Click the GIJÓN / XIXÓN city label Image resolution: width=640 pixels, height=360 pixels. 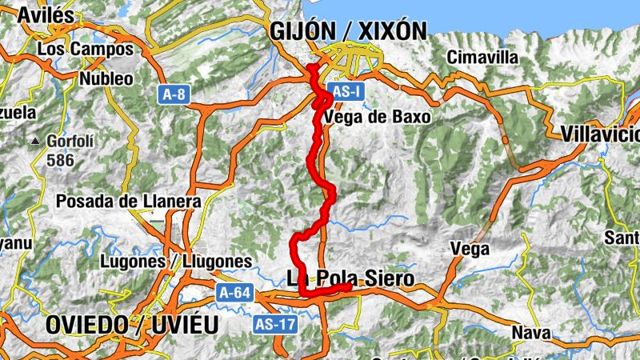click(348, 31)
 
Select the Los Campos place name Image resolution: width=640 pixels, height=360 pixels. click(86, 50)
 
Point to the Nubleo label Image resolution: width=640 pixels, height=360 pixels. click(106, 78)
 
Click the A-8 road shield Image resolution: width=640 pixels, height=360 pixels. click(173, 94)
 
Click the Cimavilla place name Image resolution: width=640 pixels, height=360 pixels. click(482, 58)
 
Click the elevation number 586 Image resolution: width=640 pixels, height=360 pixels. click(60, 160)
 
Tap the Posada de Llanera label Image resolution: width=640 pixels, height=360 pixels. click(128, 202)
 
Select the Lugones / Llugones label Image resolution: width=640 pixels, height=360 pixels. click(177, 262)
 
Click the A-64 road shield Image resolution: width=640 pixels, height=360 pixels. click(234, 294)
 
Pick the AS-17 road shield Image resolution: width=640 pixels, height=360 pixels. click(274, 324)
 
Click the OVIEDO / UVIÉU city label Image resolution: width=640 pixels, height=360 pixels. click(132, 325)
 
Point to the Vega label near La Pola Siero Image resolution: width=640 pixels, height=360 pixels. click(470, 249)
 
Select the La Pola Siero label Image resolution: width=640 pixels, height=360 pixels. click(350, 278)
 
